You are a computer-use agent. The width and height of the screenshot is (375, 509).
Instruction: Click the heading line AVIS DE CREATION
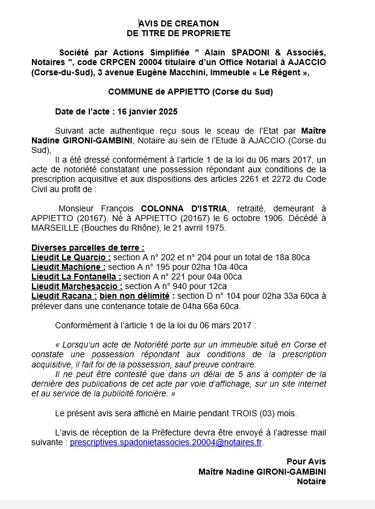tap(178, 23)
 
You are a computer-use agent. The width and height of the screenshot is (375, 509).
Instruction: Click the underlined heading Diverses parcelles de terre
tap(87, 248)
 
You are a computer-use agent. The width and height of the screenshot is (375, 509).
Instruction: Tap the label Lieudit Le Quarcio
tap(71, 257)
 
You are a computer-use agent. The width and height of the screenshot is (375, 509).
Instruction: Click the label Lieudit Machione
tap(68, 267)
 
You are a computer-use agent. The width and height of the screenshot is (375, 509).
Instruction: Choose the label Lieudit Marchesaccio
tap(76, 286)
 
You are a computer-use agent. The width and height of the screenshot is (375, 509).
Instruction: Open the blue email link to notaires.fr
tap(166, 442)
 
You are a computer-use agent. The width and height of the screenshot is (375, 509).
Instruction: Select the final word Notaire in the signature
tap(311, 482)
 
